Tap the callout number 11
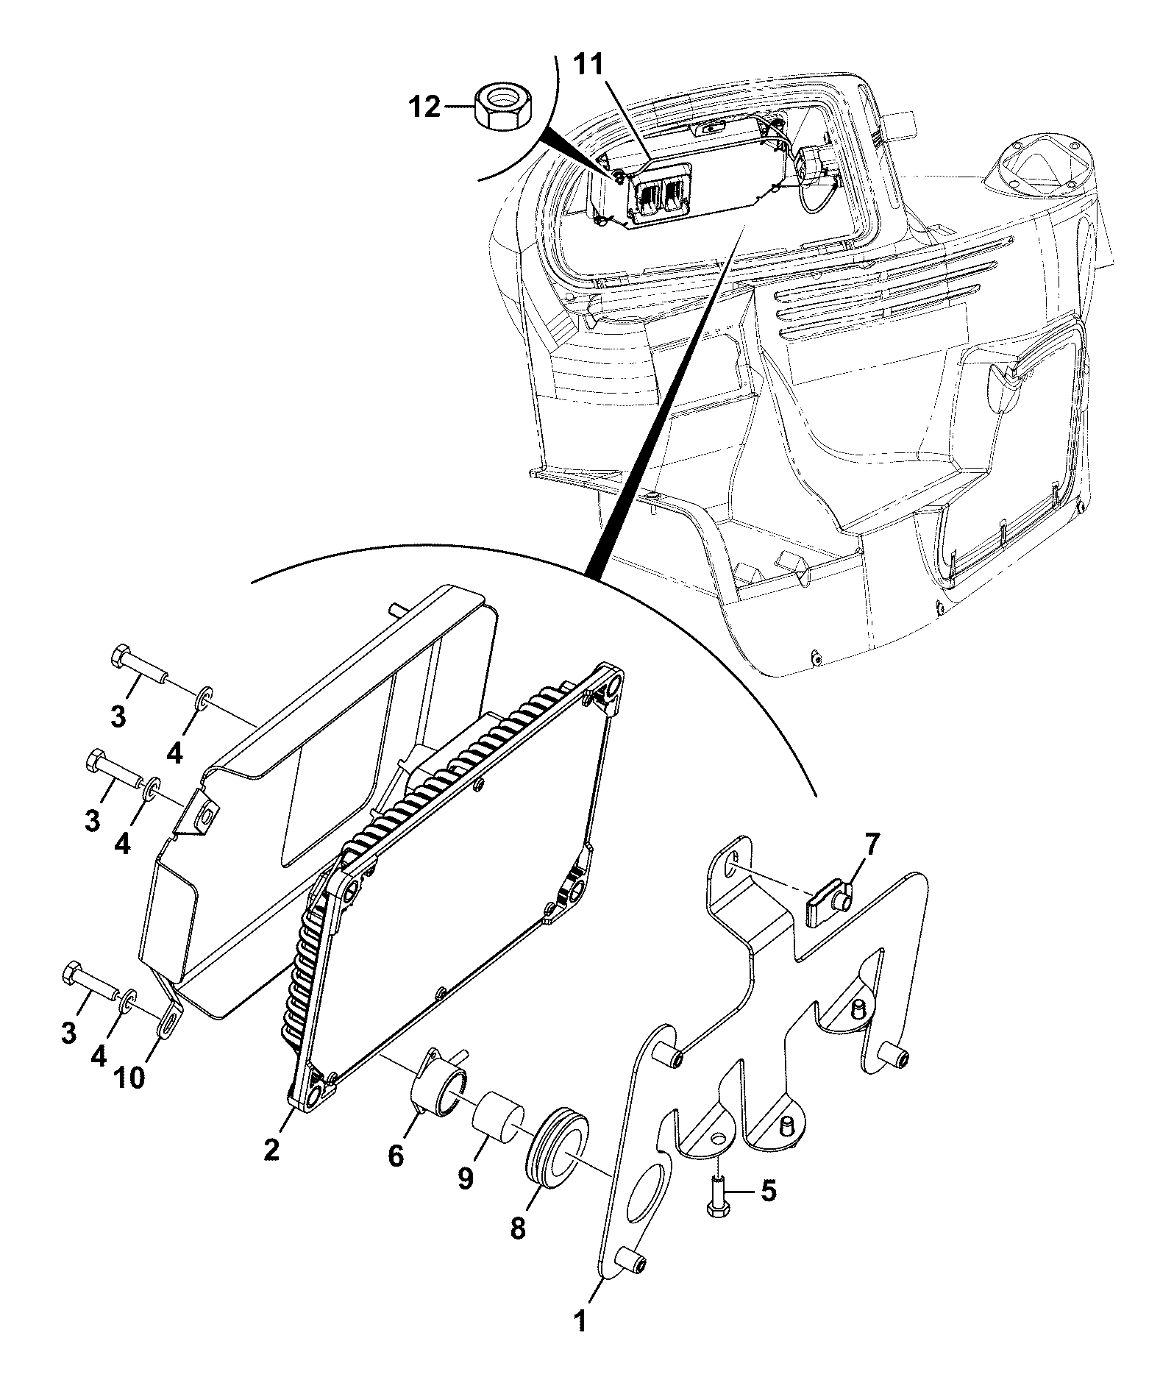click(588, 66)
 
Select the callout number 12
click(424, 107)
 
